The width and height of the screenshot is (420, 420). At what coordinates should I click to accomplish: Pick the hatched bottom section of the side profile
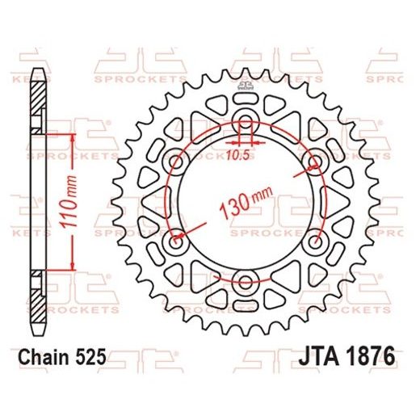[x=37, y=307]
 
